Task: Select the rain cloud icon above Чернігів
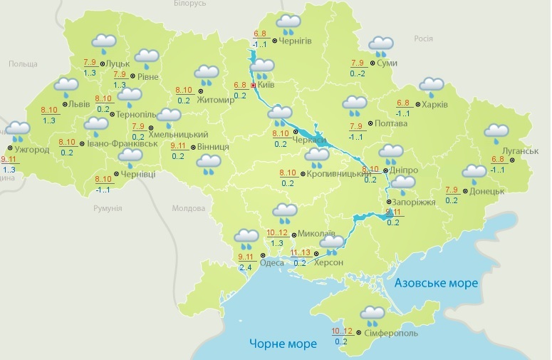[288, 24]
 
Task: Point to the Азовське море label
[436, 283]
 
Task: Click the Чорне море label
[283, 344]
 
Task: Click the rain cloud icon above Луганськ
[496, 133]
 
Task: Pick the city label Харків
[434, 105]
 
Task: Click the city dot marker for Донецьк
[465, 191]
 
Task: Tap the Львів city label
[75, 104]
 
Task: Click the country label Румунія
[108, 208]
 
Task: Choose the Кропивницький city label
[336, 174]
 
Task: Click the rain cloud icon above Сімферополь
[373, 314]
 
